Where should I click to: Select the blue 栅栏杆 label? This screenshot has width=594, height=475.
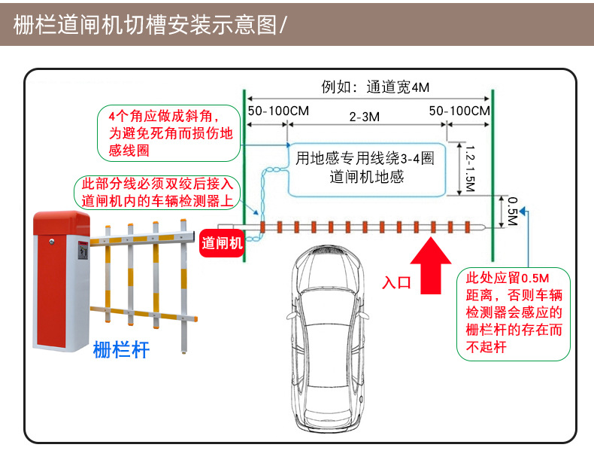click(x=121, y=349)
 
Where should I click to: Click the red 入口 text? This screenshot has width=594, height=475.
click(x=397, y=282)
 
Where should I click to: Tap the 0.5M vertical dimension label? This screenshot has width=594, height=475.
click(x=513, y=212)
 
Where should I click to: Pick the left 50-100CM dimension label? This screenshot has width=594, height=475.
click(x=277, y=111)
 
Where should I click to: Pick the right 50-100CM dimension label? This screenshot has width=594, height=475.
click(x=459, y=111)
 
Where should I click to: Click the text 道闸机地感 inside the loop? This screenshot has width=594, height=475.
click(x=366, y=178)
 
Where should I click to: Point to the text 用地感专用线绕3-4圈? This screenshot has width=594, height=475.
click(x=365, y=159)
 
